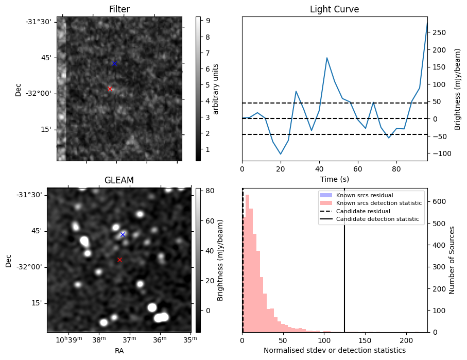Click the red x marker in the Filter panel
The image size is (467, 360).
[x=110, y=89]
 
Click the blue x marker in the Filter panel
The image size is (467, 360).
[x=114, y=63]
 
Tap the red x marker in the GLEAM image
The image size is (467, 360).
[x=119, y=260]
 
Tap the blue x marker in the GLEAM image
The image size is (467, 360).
[x=123, y=234]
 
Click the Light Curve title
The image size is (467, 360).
[x=334, y=9]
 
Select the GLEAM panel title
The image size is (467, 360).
[x=119, y=180]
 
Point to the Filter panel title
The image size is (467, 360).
[x=119, y=9]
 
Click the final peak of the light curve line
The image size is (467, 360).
[x=427, y=23]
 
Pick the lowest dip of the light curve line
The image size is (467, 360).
[x=281, y=154]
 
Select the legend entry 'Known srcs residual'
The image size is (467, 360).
[x=364, y=196]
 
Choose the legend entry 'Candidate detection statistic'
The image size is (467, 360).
[x=377, y=219]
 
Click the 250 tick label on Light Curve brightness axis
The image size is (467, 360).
[x=439, y=32]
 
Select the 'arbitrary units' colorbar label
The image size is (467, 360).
[x=216, y=89]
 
